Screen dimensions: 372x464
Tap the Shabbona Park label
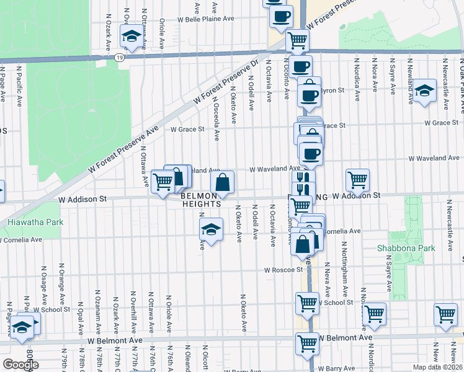[x=406, y=247]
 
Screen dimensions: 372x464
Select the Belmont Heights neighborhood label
[x=202, y=199]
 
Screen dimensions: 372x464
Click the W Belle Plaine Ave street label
[x=205, y=19]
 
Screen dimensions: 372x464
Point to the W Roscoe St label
[x=282, y=270]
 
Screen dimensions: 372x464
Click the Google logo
[x=20, y=364]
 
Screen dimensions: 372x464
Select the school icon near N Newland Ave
[x=425, y=91]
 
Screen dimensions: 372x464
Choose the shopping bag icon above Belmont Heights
[x=222, y=182]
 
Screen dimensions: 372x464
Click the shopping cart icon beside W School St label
[x=308, y=303]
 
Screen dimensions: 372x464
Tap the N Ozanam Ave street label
[x=97, y=303]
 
